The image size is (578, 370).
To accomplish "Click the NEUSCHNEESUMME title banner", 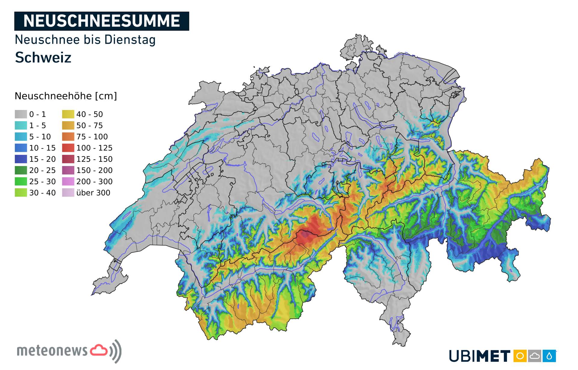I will click(x=101, y=21).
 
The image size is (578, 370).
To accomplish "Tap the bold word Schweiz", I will click(x=43, y=58).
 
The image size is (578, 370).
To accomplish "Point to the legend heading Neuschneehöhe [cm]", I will click(x=66, y=96).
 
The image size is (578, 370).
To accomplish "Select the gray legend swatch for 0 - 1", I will click(x=21, y=114).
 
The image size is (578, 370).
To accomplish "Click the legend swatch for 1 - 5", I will click(x=21, y=125).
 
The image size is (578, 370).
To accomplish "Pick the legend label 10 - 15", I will click(x=42, y=148).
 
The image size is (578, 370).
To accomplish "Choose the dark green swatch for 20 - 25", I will click(x=21, y=170).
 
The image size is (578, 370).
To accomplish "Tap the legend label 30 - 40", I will click(x=42, y=193).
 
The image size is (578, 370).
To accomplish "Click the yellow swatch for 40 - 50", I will click(x=68, y=114).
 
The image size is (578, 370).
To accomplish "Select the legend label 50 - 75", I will click(x=89, y=125).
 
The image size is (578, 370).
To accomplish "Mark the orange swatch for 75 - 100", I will click(x=68, y=136).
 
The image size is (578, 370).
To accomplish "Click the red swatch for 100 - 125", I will click(x=68, y=148).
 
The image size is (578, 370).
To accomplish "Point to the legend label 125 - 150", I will click(x=94, y=159).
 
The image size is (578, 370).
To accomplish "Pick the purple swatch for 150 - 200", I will click(x=68, y=170).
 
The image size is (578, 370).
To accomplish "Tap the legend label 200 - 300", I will click(x=94, y=182).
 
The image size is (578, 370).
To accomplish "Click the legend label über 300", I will click(x=93, y=193).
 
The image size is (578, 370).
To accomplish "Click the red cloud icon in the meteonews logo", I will click(x=99, y=350).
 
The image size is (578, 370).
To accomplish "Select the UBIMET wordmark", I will click(x=480, y=356).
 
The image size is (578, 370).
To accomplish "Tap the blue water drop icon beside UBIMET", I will click(x=549, y=356).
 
